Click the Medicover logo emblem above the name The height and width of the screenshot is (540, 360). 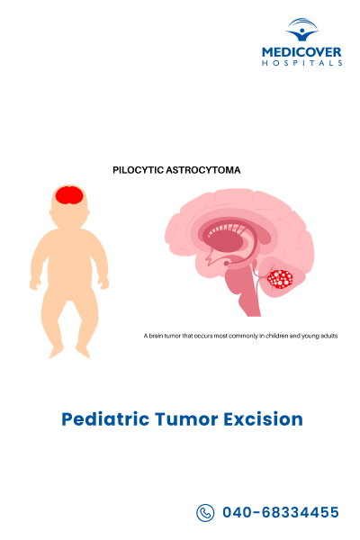point(302,31)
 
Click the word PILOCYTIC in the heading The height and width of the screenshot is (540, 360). point(139,168)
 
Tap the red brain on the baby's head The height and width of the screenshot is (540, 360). point(67,194)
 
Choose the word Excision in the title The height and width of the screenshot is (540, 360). point(262,418)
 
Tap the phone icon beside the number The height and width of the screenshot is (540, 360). point(205,512)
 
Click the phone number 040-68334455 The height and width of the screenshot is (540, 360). point(280,512)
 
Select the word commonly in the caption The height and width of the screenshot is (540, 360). point(235,336)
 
